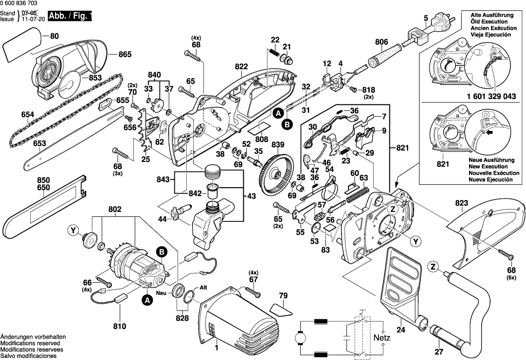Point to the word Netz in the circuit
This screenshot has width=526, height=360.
pos(381,338)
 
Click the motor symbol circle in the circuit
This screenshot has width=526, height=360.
pos(301,339)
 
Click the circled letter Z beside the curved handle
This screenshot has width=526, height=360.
pos(433,268)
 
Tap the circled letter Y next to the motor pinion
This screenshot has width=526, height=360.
pos(74,230)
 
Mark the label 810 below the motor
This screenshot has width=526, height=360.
pos(120,326)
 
